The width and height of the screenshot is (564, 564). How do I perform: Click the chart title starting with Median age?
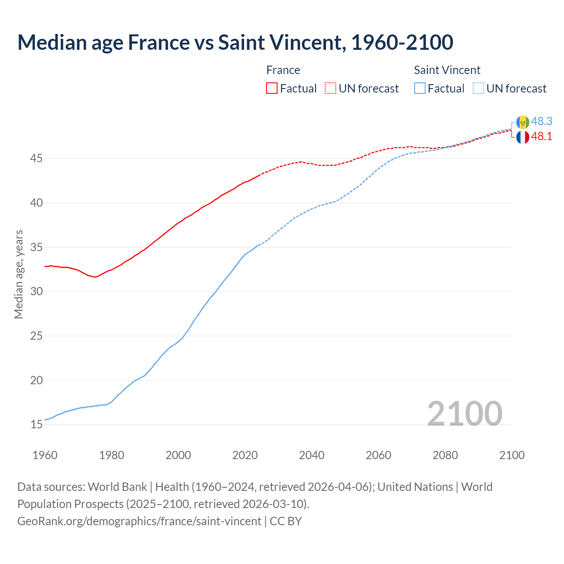(x=235, y=43)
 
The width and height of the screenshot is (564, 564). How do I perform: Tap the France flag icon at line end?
(x=523, y=137)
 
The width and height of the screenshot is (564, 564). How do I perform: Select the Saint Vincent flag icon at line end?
(x=523, y=122)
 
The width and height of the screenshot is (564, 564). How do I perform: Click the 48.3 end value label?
(x=542, y=122)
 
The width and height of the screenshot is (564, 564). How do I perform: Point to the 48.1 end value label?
(x=542, y=137)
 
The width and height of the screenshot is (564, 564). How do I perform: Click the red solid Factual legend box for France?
(x=272, y=89)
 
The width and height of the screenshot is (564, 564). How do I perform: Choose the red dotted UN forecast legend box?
(x=330, y=89)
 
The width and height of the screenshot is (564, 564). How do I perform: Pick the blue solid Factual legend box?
(x=420, y=89)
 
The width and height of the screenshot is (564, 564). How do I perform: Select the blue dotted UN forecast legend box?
(x=479, y=89)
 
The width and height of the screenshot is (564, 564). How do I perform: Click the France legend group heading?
(x=283, y=70)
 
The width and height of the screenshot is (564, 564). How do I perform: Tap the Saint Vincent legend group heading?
(x=447, y=70)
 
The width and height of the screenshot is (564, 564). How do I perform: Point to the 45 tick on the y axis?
(x=36, y=158)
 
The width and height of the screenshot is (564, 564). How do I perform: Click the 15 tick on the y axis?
(x=36, y=425)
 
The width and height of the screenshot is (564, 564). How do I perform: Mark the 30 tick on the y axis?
(x=36, y=292)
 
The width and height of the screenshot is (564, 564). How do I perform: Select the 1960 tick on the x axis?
(x=45, y=455)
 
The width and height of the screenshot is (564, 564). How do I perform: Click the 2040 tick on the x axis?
(x=312, y=455)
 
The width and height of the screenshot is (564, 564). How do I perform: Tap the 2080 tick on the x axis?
(x=445, y=455)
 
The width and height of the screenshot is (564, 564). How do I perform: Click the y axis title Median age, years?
(x=19, y=274)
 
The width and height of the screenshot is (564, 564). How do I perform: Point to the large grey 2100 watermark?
(x=464, y=413)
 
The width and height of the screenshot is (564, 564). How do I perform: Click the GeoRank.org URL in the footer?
(x=139, y=521)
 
